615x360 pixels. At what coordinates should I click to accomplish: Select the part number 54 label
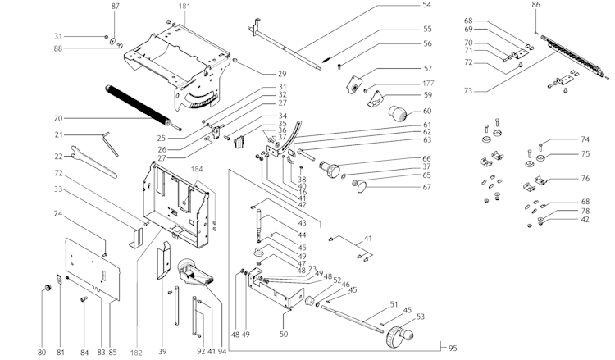click(x=426, y=6)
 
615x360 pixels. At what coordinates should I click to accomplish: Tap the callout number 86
click(x=535, y=6)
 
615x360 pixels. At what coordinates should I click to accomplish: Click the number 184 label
click(x=197, y=170)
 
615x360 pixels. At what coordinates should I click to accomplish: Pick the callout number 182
click(x=136, y=353)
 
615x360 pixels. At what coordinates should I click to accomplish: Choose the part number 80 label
click(x=42, y=353)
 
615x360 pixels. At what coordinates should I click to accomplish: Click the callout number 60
click(x=426, y=111)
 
